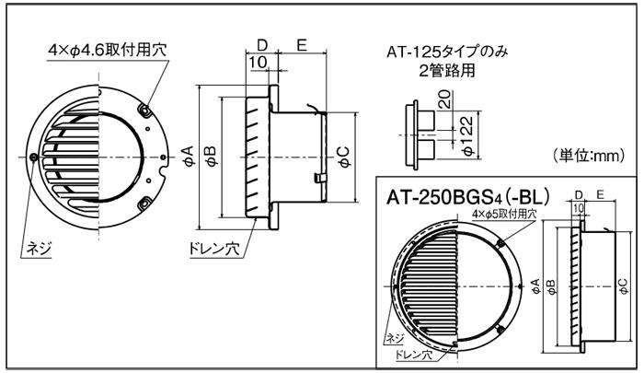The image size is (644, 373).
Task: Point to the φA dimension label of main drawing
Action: (x=188, y=153)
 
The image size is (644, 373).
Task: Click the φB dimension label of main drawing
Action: (x=211, y=153)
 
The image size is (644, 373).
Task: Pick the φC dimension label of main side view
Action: (x=343, y=154)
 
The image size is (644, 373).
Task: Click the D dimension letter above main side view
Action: (x=262, y=44)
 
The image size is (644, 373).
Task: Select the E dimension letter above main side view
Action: (x=301, y=44)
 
